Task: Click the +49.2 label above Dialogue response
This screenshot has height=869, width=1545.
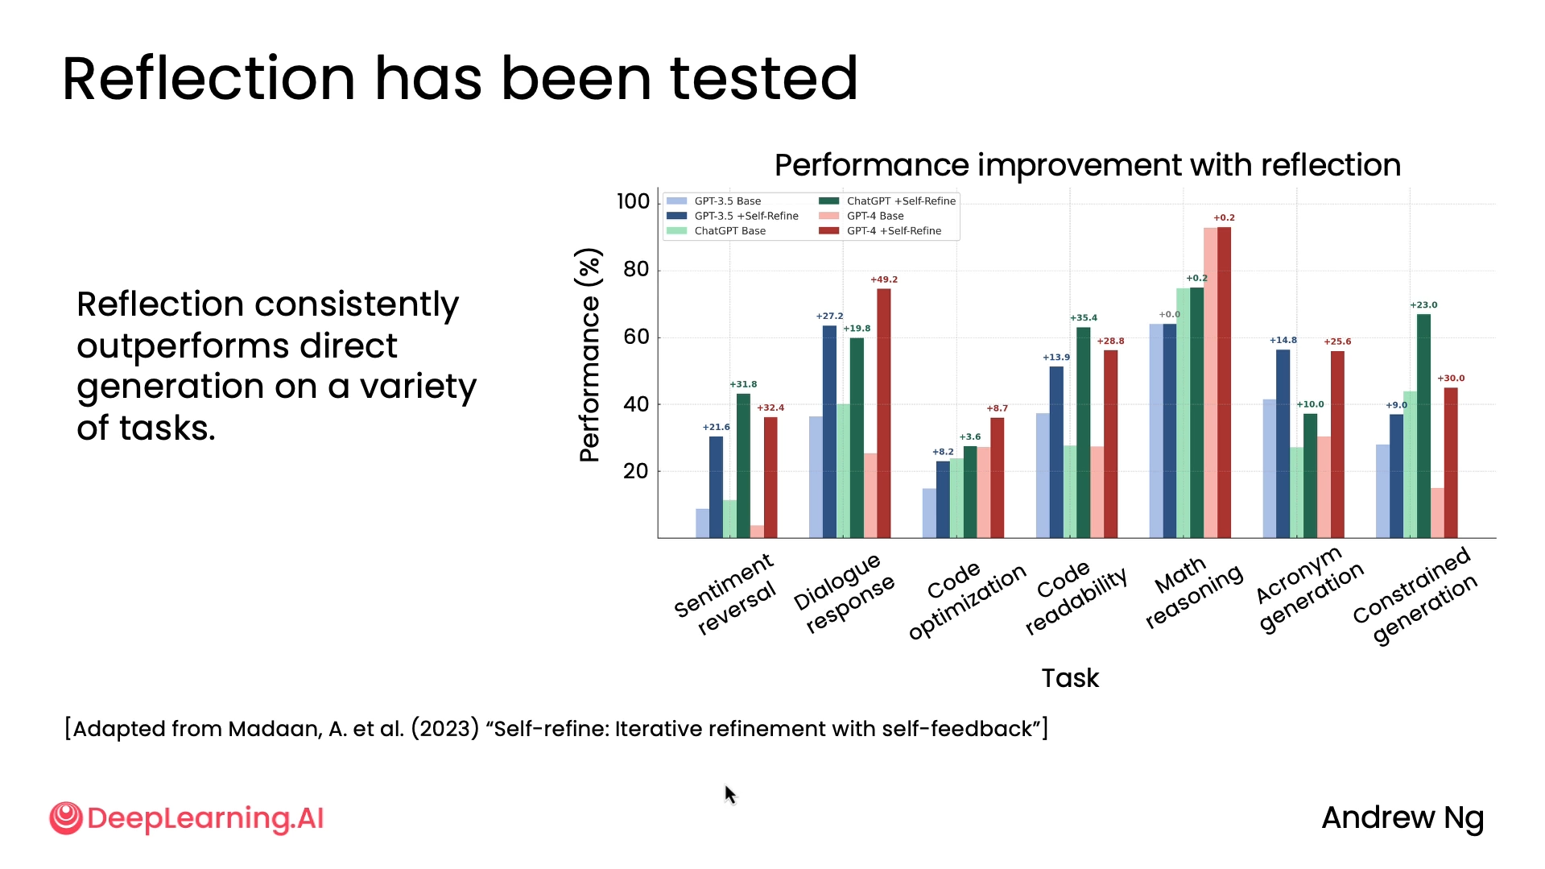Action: pyautogui.click(x=883, y=279)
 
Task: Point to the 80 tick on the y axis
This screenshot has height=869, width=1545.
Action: pyautogui.click(x=636, y=270)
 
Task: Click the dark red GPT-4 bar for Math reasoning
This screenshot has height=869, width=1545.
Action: pyautogui.click(x=1224, y=383)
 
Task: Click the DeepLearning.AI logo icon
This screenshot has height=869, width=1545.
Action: pyautogui.click(x=65, y=818)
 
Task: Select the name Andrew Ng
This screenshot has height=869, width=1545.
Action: pyautogui.click(x=1402, y=818)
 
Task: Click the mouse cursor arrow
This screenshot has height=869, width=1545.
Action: pyautogui.click(x=729, y=794)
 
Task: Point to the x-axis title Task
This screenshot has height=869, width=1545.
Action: pyautogui.click(x=1069, y=678)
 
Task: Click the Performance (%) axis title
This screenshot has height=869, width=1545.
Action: pyautogui.click(x=589, y=355)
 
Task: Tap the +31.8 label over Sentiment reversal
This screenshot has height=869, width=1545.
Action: pyautogui.click(x=743, y=384)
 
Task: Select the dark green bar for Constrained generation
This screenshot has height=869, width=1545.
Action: pyautogui.click(x=1423, y=426)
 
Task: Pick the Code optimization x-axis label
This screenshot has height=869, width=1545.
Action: pyautogui.click(x=965, y=600)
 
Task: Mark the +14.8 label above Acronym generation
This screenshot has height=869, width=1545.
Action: pyautogui.click(x=1283, y=340)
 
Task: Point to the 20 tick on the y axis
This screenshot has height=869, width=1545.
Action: pyautogui.click(x=636, y=471)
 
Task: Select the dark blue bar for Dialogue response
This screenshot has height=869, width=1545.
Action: pyautogui.click(x=829, y=432)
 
